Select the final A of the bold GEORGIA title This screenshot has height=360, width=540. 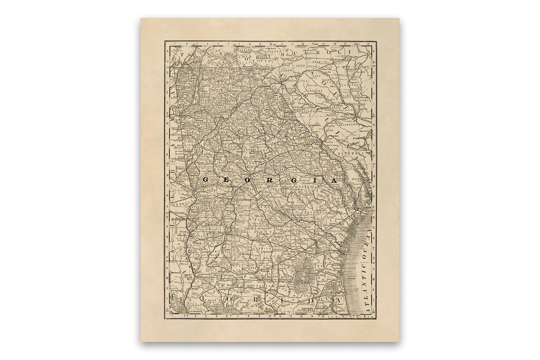click(x=333, y=179)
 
